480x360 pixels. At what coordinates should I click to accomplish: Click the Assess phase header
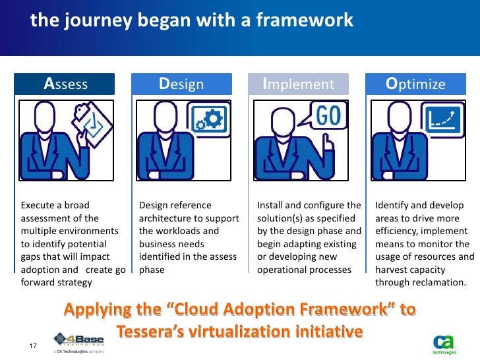pos(66,84)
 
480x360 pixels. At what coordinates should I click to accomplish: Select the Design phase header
pos(181,84)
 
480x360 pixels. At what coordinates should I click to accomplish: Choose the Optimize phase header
pos(415,84)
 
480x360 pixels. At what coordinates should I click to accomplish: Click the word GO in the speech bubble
pos(328,117)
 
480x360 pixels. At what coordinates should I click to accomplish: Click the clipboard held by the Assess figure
pos(92,121)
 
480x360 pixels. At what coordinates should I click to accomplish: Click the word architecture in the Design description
pos(164,218)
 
